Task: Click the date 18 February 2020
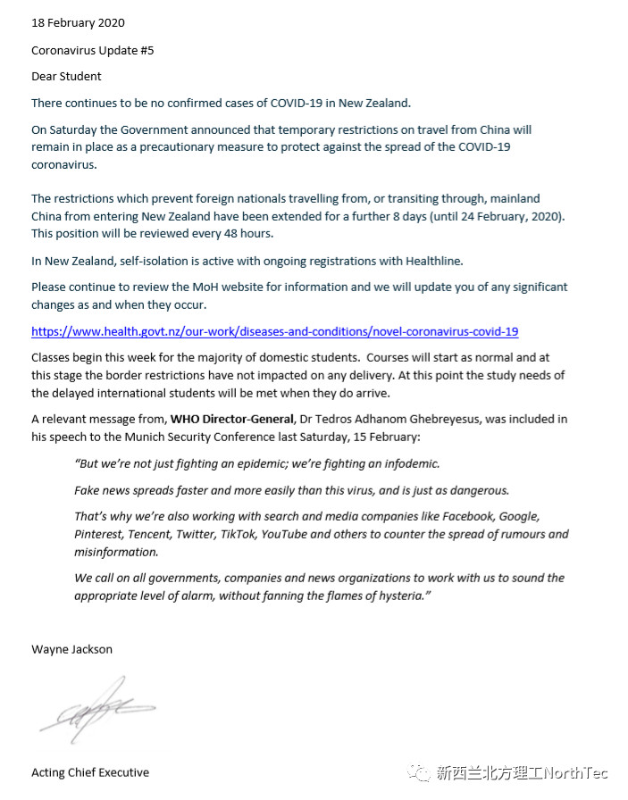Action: point(78,22)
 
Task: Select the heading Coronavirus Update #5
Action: point(92,50)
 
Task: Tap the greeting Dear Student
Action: point(66,77)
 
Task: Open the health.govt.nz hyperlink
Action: point(274,331)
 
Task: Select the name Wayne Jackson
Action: point(71,649)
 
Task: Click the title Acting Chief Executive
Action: point(89,772)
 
